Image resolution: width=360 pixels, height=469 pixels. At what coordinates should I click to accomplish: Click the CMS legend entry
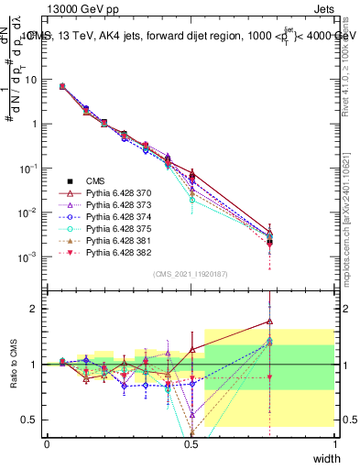[95, 180]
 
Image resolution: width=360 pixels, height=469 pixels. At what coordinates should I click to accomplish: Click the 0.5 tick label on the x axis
[191, 444]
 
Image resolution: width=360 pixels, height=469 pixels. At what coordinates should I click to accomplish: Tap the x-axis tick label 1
[335, 444]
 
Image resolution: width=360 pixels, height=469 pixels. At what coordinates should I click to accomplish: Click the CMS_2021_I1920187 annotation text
[191, 274]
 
